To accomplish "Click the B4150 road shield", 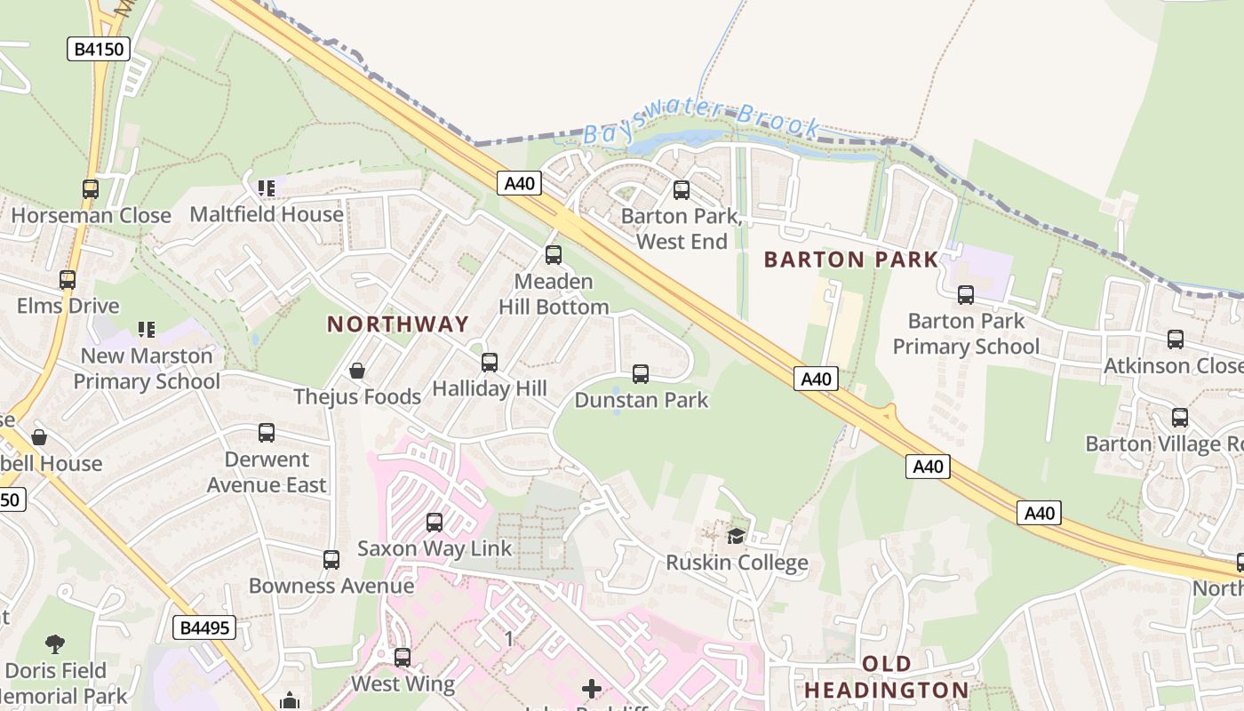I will pos(99,49).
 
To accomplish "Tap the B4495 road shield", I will pos(203,628).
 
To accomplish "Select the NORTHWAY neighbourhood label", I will pos(397,324).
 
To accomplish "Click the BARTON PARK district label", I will pos(850,260).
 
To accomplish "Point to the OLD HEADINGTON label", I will pos(886,677).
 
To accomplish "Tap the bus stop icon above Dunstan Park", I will pos(641,374).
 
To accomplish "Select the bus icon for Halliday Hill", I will pos(489,363).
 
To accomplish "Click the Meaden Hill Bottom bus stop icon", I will pos(554,255).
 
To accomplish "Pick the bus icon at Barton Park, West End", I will pos(682,189).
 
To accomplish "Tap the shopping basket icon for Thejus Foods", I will pos(357,370).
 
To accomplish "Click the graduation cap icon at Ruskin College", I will pos(737,535).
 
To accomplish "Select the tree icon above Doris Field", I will pos(55,643).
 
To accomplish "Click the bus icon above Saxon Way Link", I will pos(435,522).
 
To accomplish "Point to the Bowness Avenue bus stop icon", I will pos(331,559).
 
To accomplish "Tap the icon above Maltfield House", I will pos(266,188).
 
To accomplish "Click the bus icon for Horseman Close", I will pos(91,188).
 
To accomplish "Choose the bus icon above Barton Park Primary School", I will pos(966,294).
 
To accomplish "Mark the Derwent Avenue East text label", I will pos(267,472).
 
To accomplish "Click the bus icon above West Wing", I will pos(403,658).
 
